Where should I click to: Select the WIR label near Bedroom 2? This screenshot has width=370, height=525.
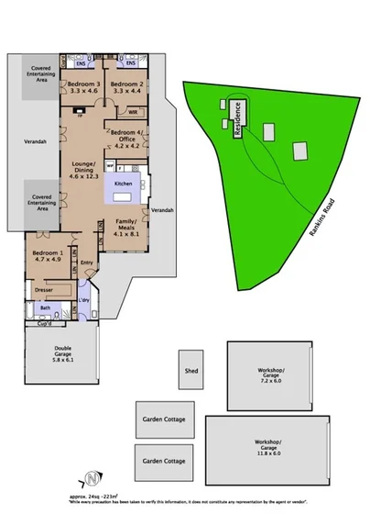(133, 112)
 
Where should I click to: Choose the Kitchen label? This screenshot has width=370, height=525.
(124, 184)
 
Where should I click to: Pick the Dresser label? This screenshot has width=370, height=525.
(42, 290)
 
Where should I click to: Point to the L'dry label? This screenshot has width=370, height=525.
(84, 300)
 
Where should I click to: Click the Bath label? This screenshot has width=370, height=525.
(33, 308)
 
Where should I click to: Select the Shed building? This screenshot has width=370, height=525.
(191, 372)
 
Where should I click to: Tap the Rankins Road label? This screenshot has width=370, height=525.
(315, 221)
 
